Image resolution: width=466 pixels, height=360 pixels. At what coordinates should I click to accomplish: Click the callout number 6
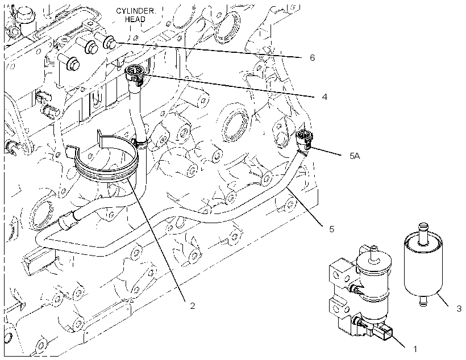click(x=312, y=57)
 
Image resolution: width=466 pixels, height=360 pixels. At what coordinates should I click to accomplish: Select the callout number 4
click(x=324, y=97)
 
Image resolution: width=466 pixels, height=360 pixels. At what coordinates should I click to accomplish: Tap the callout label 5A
click(x=355, y=156)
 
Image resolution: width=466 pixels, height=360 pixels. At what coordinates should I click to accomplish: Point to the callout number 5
click(x=332, y=229)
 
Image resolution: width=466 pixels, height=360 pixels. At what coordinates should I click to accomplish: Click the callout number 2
click(x=193, y=305)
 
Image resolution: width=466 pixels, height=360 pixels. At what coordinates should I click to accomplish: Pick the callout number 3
click(x=459, y=309)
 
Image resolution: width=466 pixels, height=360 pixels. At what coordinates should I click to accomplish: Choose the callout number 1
click(x=415, y=349)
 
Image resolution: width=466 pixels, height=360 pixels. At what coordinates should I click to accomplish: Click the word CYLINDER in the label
click(x=135, y=11)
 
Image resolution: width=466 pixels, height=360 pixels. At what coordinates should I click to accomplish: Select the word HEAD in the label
click(x=135, y=20)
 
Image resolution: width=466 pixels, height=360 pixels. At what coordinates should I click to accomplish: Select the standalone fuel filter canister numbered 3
click(x=423, y=265)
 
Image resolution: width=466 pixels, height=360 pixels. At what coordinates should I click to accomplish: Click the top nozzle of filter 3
click(x=423, y=233)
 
